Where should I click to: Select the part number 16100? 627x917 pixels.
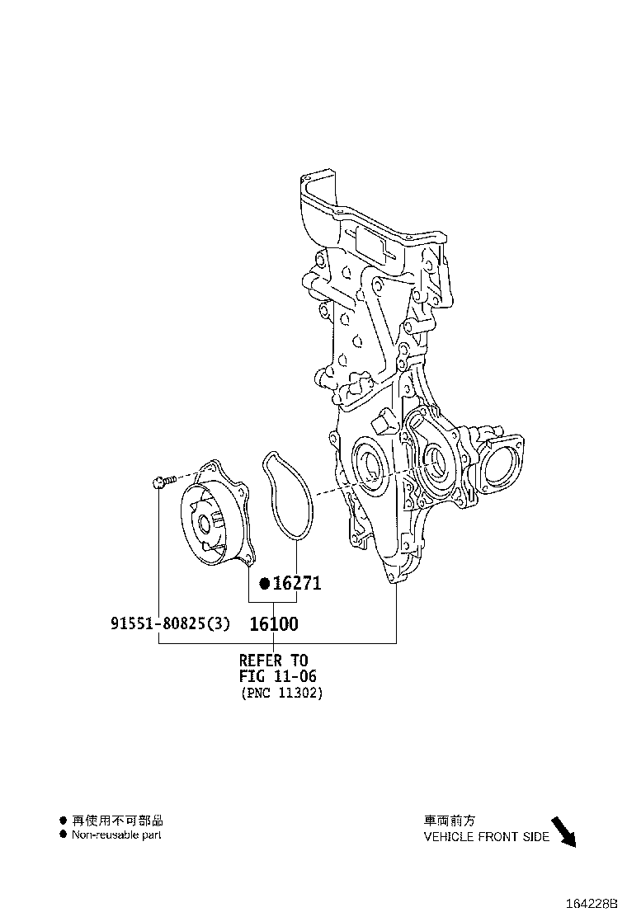pos(273,624)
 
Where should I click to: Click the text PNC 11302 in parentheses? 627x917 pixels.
pos(281,694)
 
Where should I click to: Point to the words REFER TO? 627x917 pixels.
pos(273,660)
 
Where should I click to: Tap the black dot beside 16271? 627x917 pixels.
pos(264,584)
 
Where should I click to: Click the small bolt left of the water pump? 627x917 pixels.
pos(163,481)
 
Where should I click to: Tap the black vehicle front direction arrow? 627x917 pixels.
pos(563,830)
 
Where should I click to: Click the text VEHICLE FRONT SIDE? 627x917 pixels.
pos(486,836)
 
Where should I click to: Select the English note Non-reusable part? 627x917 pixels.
pos(115,835)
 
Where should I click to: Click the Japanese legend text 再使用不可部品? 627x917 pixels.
pos(117,821)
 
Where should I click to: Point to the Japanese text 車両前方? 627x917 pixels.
pos(450,821)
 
